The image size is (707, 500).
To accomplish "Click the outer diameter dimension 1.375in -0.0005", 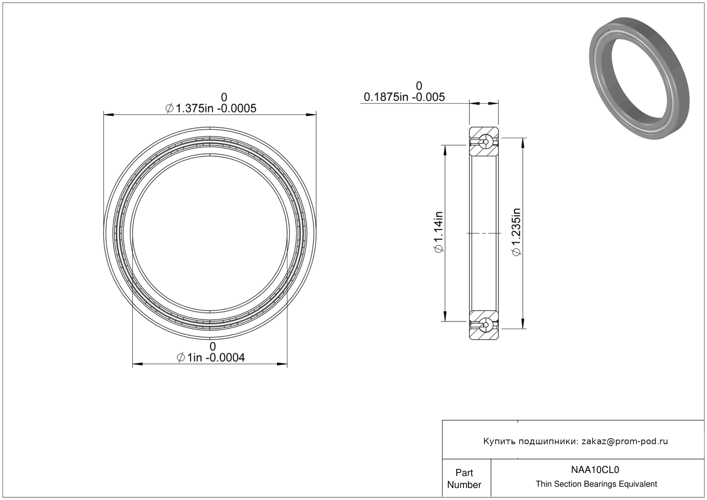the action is (x=211, y=108).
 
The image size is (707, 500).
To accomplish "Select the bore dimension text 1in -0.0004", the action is (x=211, y=358).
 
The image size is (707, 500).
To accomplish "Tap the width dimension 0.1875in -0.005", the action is (x=404, y=97).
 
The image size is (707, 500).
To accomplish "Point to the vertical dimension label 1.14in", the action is (x=439, y=232).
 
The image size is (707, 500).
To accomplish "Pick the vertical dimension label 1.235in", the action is (x=516, y=232).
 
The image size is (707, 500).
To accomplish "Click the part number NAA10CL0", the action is (x=595, y=470).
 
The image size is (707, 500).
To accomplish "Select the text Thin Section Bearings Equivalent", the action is (x=596, y=484).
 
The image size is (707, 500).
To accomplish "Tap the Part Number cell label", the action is (x=464, y=479).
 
